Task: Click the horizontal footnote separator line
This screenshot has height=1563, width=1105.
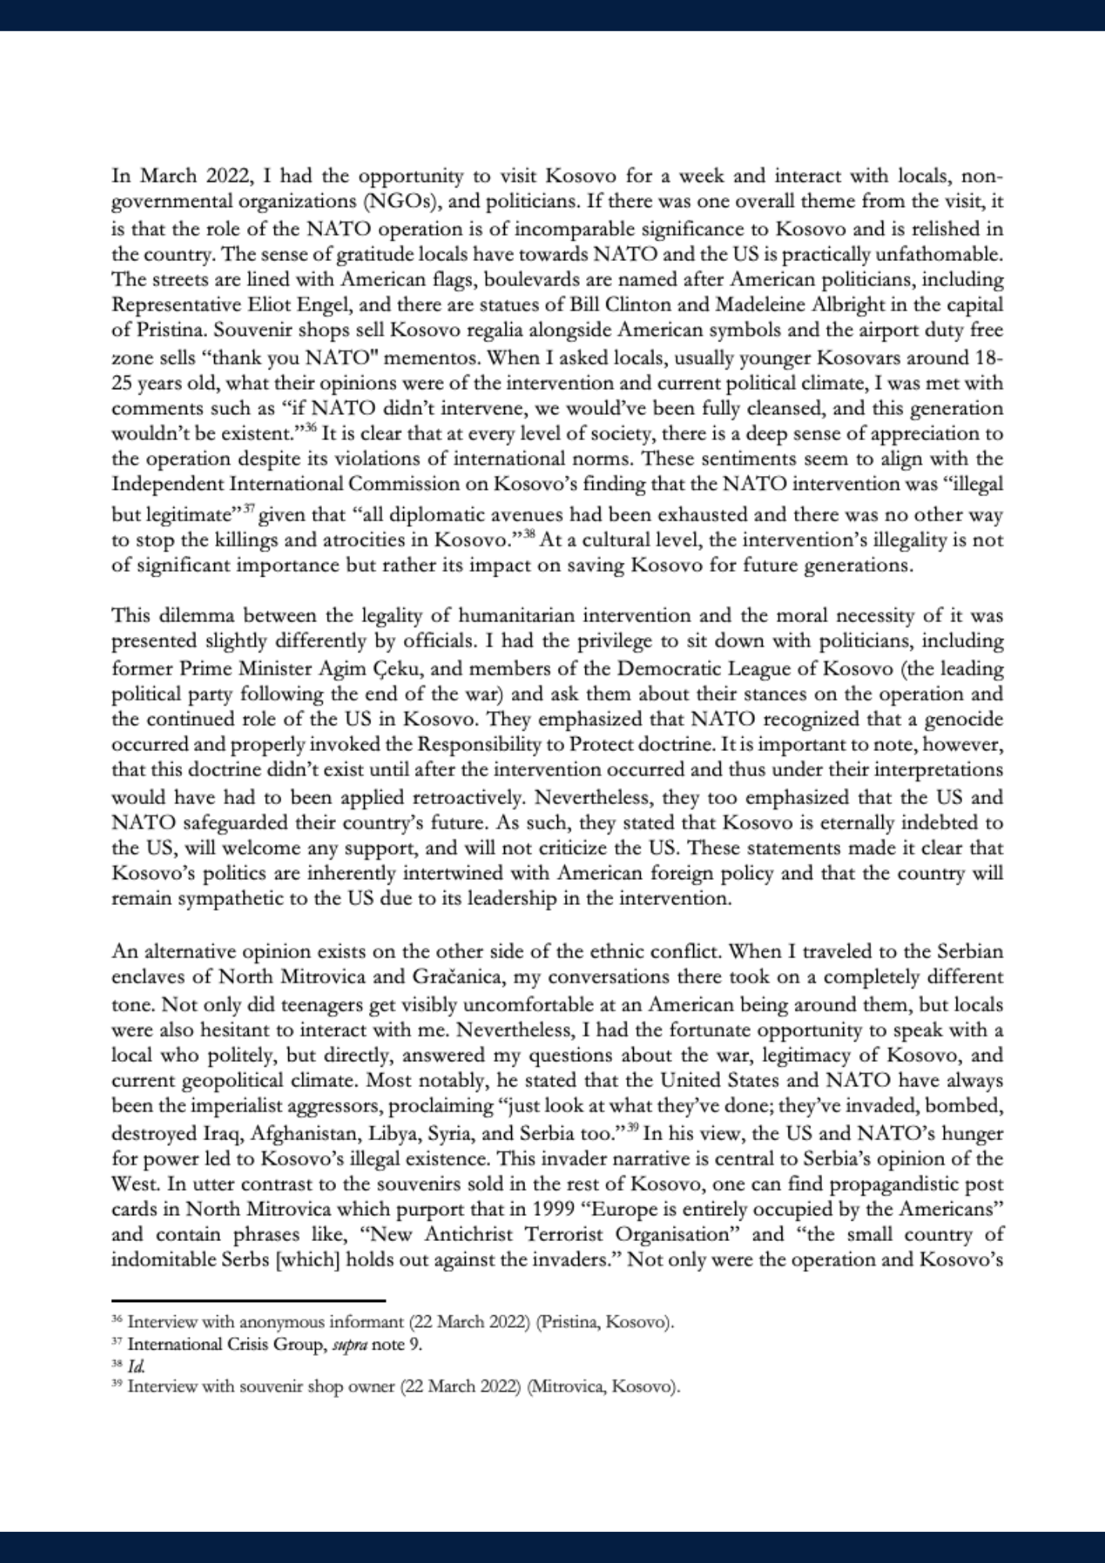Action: pos(249,1300)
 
